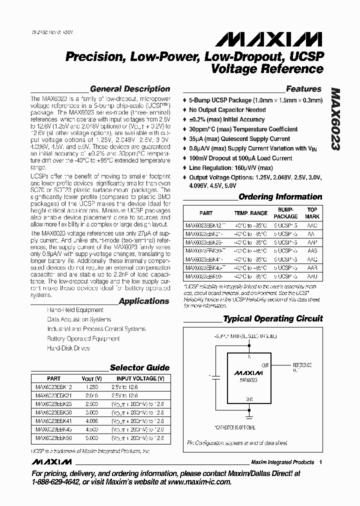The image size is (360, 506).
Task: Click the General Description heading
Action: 130,89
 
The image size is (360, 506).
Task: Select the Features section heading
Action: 303,89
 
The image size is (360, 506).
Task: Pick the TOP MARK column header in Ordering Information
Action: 312,213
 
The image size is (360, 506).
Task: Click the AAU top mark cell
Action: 312,275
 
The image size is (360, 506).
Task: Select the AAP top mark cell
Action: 312,242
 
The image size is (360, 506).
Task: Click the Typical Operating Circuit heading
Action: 272,318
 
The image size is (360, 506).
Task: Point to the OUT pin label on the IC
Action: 265,365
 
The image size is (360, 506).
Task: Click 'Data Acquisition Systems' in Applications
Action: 79,319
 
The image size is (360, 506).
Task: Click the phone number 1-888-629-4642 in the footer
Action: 57,482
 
